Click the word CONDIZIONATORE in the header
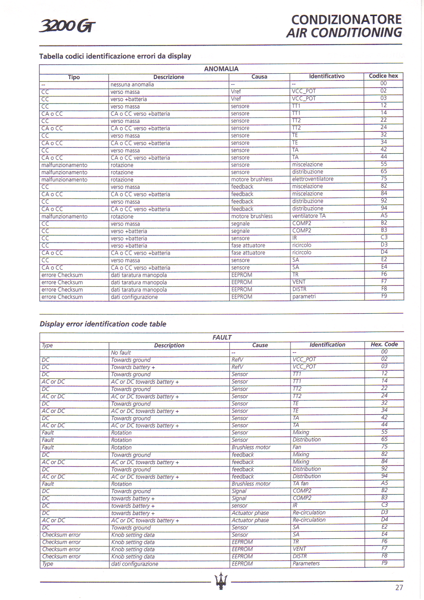click(346, 20)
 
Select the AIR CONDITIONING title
click(344, 33)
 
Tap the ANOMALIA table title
click(221, 69)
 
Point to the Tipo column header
click(74, 77)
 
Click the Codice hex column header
click(383, 76)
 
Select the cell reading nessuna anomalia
click(132, 84)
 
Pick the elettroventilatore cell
click(312, 179)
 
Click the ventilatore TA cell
click(309, 216)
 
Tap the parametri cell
click(303, 297)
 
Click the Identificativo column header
click(327, 76)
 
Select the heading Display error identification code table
click(103, 324)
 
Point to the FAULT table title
click(222, 337)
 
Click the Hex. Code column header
click(384, 344)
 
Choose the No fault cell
click(121, 352)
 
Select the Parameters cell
click(306, 563)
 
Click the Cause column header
click(260, 345)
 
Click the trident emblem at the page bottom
click(221, 580)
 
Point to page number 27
click(399, 587)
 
